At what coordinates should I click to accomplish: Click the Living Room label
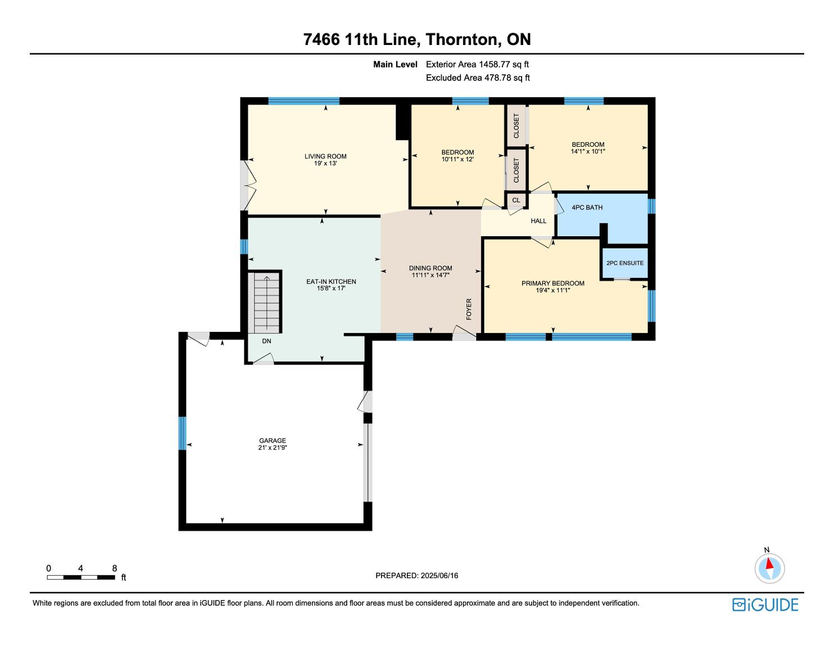coord(325,156)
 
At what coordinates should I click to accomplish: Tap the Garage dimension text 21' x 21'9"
coord(273,448)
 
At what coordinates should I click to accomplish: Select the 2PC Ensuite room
coord(625,263)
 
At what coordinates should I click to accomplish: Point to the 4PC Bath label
coord(587,208)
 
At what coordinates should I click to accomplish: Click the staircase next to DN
coord(265,303)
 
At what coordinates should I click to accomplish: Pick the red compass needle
coord(769,563)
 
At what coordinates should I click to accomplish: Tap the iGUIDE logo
coord(765,605)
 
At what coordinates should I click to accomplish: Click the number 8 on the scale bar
coord(115,568)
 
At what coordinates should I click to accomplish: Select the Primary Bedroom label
coord(552,283)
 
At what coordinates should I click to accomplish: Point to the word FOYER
coord(469,309)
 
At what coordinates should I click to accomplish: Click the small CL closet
coord(516,200)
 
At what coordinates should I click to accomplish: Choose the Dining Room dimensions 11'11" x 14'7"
coord(430,275)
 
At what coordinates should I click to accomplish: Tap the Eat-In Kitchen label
coord(331,281)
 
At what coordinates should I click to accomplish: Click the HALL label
coord(538,221)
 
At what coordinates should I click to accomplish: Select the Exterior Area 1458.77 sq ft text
coord(477,65)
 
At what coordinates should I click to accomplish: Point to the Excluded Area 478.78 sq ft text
coord(478,78)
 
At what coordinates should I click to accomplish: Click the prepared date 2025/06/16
coord(439,575)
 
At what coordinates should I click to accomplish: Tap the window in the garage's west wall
coord(183,433)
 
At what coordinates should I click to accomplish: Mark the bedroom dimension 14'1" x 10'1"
coord(588,151)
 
